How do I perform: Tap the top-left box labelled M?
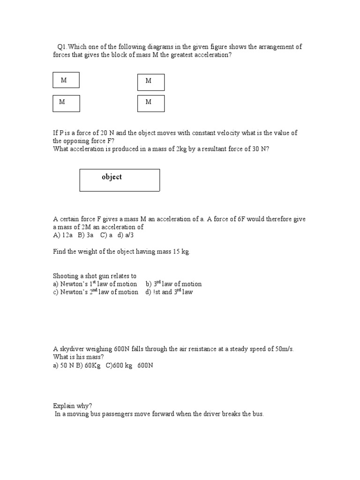tap(66, 80)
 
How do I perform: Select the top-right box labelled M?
tap(150, 82)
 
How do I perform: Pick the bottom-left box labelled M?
tap(66, 103)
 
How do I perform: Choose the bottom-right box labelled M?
tap(150, 103)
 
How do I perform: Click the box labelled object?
tap(120, 180)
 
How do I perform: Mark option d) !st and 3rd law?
tap(169, 292)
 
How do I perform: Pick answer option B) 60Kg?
tap(90, 365)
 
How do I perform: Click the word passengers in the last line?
tap(117, 414)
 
